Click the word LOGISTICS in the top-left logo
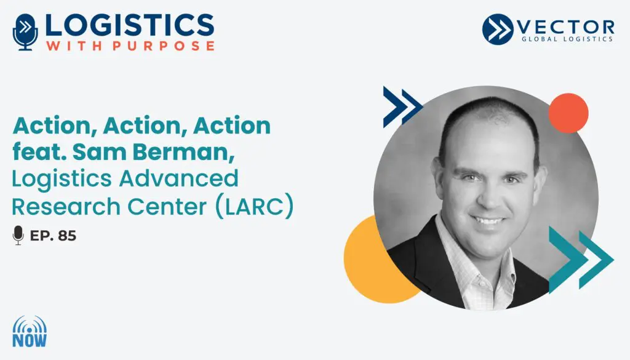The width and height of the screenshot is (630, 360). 129,25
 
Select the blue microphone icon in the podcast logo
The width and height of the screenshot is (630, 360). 25,32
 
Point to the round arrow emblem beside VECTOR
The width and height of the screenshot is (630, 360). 498,29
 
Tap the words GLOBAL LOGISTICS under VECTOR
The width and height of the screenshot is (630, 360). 567,39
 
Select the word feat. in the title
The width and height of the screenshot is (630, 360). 39,152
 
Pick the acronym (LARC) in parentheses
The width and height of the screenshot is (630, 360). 255,207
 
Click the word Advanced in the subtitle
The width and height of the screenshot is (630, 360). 179,178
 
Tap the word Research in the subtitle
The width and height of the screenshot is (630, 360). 66,207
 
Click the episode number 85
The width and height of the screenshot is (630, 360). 67,236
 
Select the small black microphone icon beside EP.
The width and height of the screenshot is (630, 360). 18,235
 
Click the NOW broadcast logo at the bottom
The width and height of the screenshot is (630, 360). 30,332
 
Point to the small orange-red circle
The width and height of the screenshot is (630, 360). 568,113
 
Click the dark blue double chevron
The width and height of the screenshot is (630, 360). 402,107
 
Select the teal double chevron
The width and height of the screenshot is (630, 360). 581,260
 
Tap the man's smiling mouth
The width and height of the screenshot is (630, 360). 487,220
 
